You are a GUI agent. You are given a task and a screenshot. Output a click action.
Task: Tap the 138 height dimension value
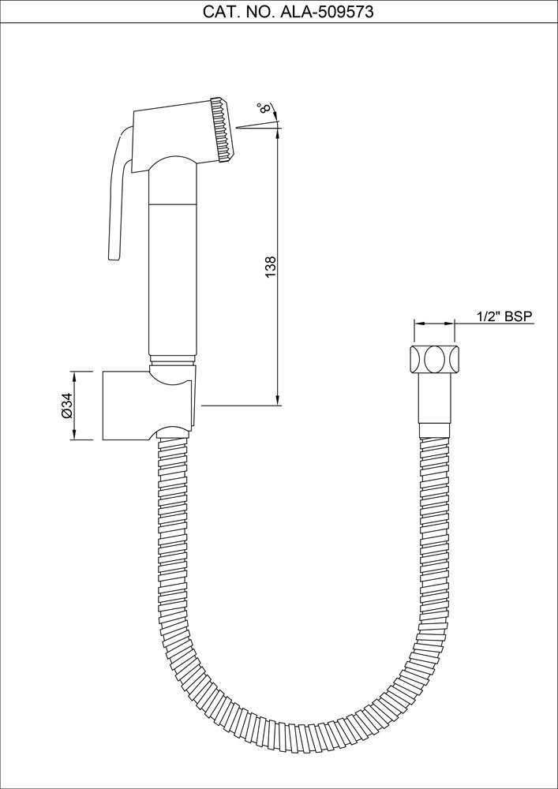click(271, 266)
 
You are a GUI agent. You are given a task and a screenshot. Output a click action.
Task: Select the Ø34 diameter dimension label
click(67, 405)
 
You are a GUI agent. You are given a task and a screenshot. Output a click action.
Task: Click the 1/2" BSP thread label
click(504, 316)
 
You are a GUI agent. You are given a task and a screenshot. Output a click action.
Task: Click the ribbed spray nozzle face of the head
click(223, 130)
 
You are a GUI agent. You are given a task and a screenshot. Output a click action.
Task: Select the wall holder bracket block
click(126, 404)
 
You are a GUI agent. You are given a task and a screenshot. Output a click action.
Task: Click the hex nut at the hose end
click(434, 360)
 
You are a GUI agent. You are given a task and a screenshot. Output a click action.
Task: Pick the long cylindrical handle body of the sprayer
click(172, 276)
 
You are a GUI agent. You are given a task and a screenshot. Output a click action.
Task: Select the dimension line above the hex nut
click(434, 323)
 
